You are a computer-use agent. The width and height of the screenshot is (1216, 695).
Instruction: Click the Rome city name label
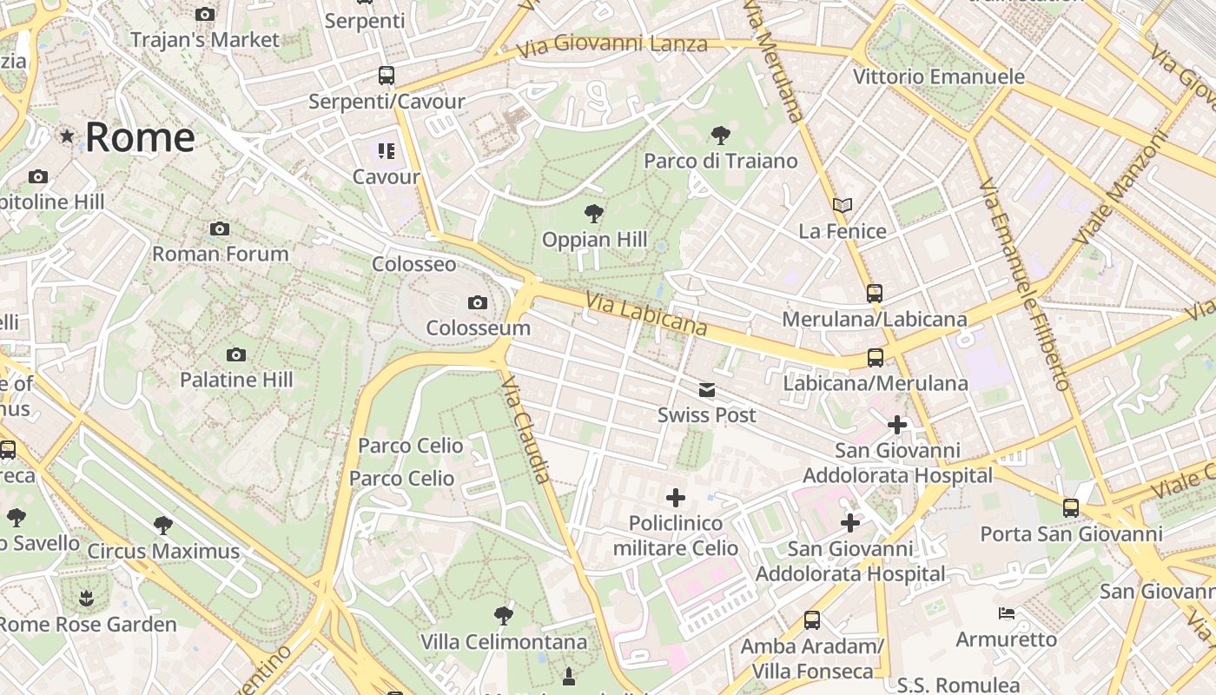[139, 137]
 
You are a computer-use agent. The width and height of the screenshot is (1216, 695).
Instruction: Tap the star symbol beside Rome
[67, 136]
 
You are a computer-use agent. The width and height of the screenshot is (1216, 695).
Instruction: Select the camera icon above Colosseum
[477, 302]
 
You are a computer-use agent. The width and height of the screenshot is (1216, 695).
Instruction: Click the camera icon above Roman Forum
[220, 228]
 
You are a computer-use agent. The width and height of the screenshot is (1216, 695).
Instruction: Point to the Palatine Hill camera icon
[235, 354]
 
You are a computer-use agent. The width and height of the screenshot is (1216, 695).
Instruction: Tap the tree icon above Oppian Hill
[594, 213]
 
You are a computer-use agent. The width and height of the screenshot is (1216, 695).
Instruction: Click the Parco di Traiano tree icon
[720, 135]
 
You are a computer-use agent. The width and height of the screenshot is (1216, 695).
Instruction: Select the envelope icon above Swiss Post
[707, 390]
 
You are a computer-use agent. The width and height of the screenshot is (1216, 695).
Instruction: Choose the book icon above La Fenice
[842, 206]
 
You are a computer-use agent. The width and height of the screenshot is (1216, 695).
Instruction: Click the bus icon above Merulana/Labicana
[874, 294]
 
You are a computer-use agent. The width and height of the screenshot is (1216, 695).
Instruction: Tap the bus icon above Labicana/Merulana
[875, 357]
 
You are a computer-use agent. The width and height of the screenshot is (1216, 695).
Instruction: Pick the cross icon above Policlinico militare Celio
[675, 498]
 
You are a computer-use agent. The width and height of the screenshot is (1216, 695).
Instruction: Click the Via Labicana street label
[646, 314]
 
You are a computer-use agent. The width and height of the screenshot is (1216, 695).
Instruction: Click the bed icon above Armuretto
[1006, 613]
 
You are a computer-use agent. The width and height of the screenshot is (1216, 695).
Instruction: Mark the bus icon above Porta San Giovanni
[1070, 508]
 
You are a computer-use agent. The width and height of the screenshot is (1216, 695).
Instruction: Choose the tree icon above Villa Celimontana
[503, 616]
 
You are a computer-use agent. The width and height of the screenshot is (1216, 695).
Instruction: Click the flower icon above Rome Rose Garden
[86, 598]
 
